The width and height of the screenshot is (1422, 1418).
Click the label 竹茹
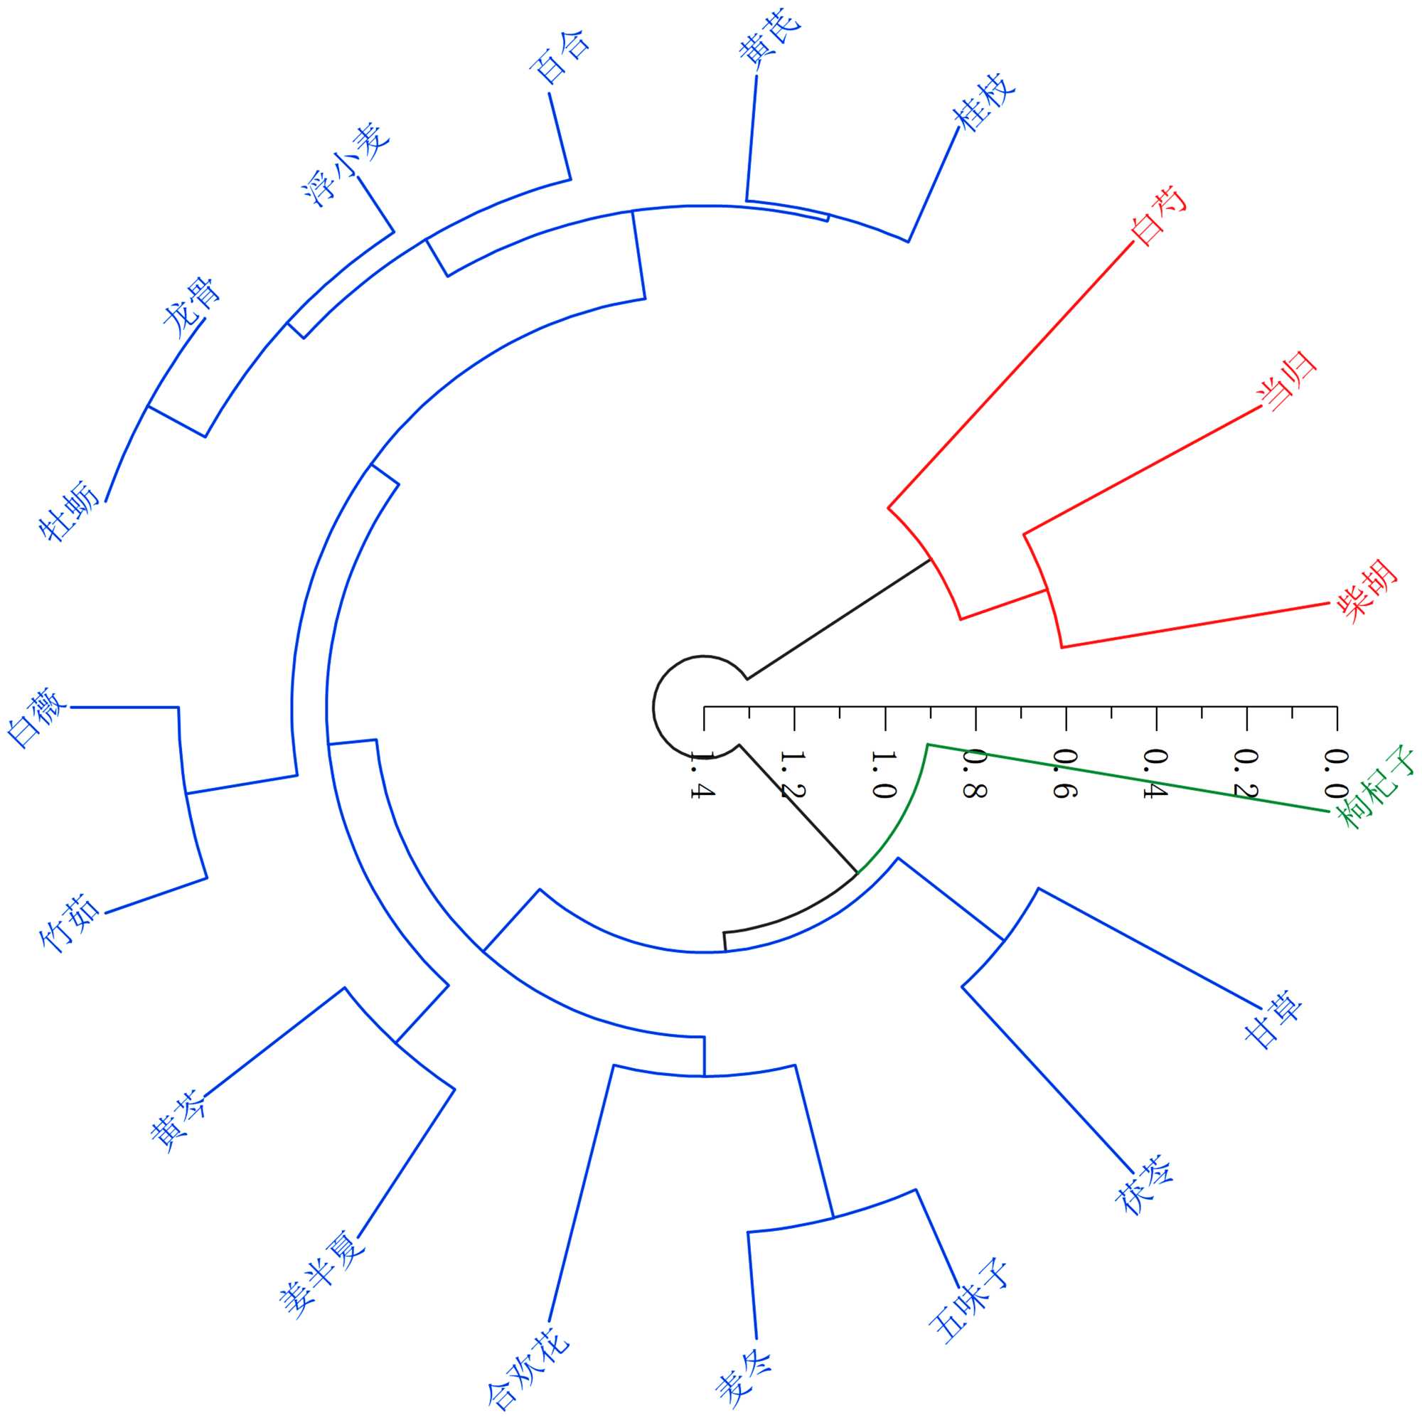[70, 923]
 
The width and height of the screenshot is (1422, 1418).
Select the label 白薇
[37, 717]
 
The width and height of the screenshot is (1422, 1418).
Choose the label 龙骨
[191, 307]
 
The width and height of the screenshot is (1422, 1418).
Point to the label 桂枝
[983, 102]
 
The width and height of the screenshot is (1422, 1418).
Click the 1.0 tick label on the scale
[883, 775]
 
